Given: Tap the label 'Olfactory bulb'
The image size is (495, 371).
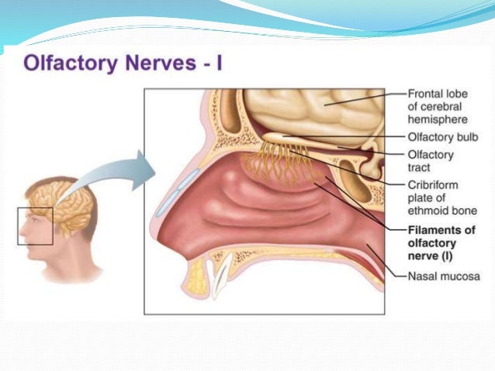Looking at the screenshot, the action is (442, 137).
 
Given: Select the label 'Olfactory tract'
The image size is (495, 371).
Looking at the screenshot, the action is (431, 160).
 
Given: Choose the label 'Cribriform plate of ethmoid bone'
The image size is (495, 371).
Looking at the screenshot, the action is (439, 197).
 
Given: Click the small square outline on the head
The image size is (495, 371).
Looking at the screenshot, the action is (35, 225).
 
